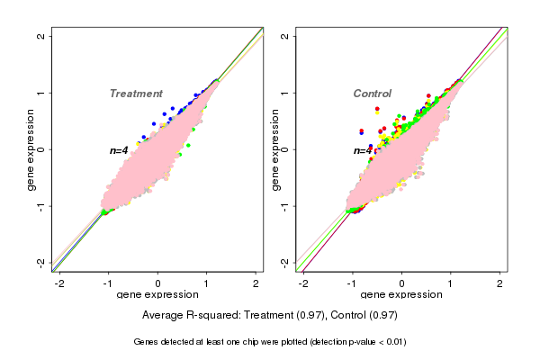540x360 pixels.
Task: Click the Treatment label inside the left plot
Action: pos(136,94)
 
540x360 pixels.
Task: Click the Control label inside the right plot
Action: pos(373,94)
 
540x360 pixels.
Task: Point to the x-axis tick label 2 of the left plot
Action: pos(256,283)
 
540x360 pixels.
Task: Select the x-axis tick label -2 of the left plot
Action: pos(59,283)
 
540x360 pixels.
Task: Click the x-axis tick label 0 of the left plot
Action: pos(158,283)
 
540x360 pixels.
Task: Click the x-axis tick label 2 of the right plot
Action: pos(500,283)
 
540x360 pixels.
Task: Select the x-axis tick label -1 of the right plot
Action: pos(353,283)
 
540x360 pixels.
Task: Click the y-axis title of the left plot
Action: pos(31,149)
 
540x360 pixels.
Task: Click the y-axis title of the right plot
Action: pos(275,149)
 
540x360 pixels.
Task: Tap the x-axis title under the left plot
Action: pos(157,295)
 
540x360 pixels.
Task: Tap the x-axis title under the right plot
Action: pos(402,295)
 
